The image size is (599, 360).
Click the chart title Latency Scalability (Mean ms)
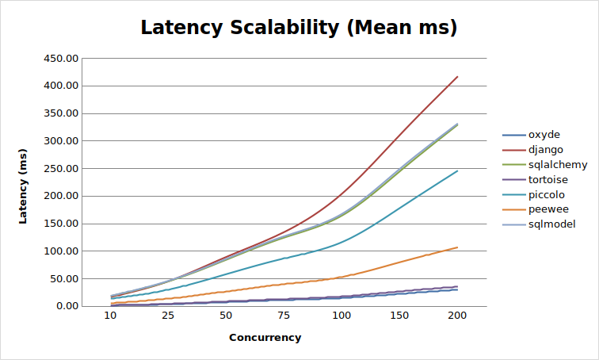[299, 28]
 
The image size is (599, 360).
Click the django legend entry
[546, 149]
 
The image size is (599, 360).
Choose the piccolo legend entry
[546, 194]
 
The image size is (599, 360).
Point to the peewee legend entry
[546, 209]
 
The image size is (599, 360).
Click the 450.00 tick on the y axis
[62, 59]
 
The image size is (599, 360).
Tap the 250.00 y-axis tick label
[62, 169]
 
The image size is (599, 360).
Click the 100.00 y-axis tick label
[62, 251]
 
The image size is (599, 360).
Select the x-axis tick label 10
[111, 316]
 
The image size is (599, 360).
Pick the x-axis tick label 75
[284, 316]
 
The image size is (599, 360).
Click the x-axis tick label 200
[457, 316]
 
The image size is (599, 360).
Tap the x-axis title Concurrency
[265, 337]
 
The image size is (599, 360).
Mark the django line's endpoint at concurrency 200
[457, 77]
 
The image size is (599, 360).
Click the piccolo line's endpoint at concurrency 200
[457, 170]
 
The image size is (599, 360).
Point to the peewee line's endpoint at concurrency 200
[457, 247]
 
